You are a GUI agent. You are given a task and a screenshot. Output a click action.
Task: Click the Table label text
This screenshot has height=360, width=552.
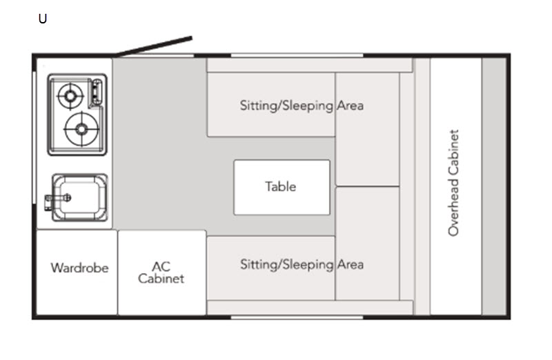(281, 186)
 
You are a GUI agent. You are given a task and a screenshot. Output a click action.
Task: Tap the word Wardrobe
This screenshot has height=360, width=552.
(79, 268)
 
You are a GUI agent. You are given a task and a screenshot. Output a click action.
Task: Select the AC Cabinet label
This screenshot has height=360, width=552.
(161, 272)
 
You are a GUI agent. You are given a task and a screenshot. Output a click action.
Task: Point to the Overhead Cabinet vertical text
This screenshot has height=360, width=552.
(453, 183)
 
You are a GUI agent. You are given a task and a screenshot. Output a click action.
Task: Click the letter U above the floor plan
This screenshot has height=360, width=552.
(43, 19)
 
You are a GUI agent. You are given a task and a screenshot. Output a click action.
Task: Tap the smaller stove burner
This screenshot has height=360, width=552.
(70, 96)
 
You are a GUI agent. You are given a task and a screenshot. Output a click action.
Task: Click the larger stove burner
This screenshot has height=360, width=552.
(81, 129)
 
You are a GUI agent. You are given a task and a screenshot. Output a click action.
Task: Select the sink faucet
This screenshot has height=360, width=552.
(58, 199)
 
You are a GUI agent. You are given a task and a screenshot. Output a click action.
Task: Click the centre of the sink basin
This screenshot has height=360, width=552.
(80, 197)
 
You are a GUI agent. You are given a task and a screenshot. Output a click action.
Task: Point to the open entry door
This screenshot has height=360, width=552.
(153, 46)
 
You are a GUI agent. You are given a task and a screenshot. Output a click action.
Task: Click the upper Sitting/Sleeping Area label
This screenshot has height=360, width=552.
(302, 106)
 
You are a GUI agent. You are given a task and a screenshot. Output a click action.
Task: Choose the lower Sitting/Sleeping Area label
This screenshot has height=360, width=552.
(302, 264)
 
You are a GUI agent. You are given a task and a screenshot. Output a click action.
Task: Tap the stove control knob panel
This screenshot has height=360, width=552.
(96, 93)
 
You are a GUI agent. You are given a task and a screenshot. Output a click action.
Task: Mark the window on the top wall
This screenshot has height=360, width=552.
(297, 55)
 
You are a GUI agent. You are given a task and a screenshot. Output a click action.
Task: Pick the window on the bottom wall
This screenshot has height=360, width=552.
(297, 317)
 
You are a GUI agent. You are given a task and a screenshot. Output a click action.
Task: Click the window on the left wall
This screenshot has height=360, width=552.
(34, 137)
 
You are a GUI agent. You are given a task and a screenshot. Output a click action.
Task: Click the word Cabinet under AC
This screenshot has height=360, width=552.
(161, 279)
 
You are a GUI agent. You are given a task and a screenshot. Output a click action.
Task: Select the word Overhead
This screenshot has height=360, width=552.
(453, 207)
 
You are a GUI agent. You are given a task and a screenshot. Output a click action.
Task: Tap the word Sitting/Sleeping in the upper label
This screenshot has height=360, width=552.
(286, 106)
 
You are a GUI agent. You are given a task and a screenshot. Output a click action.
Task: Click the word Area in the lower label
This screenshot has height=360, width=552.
(351, 264)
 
